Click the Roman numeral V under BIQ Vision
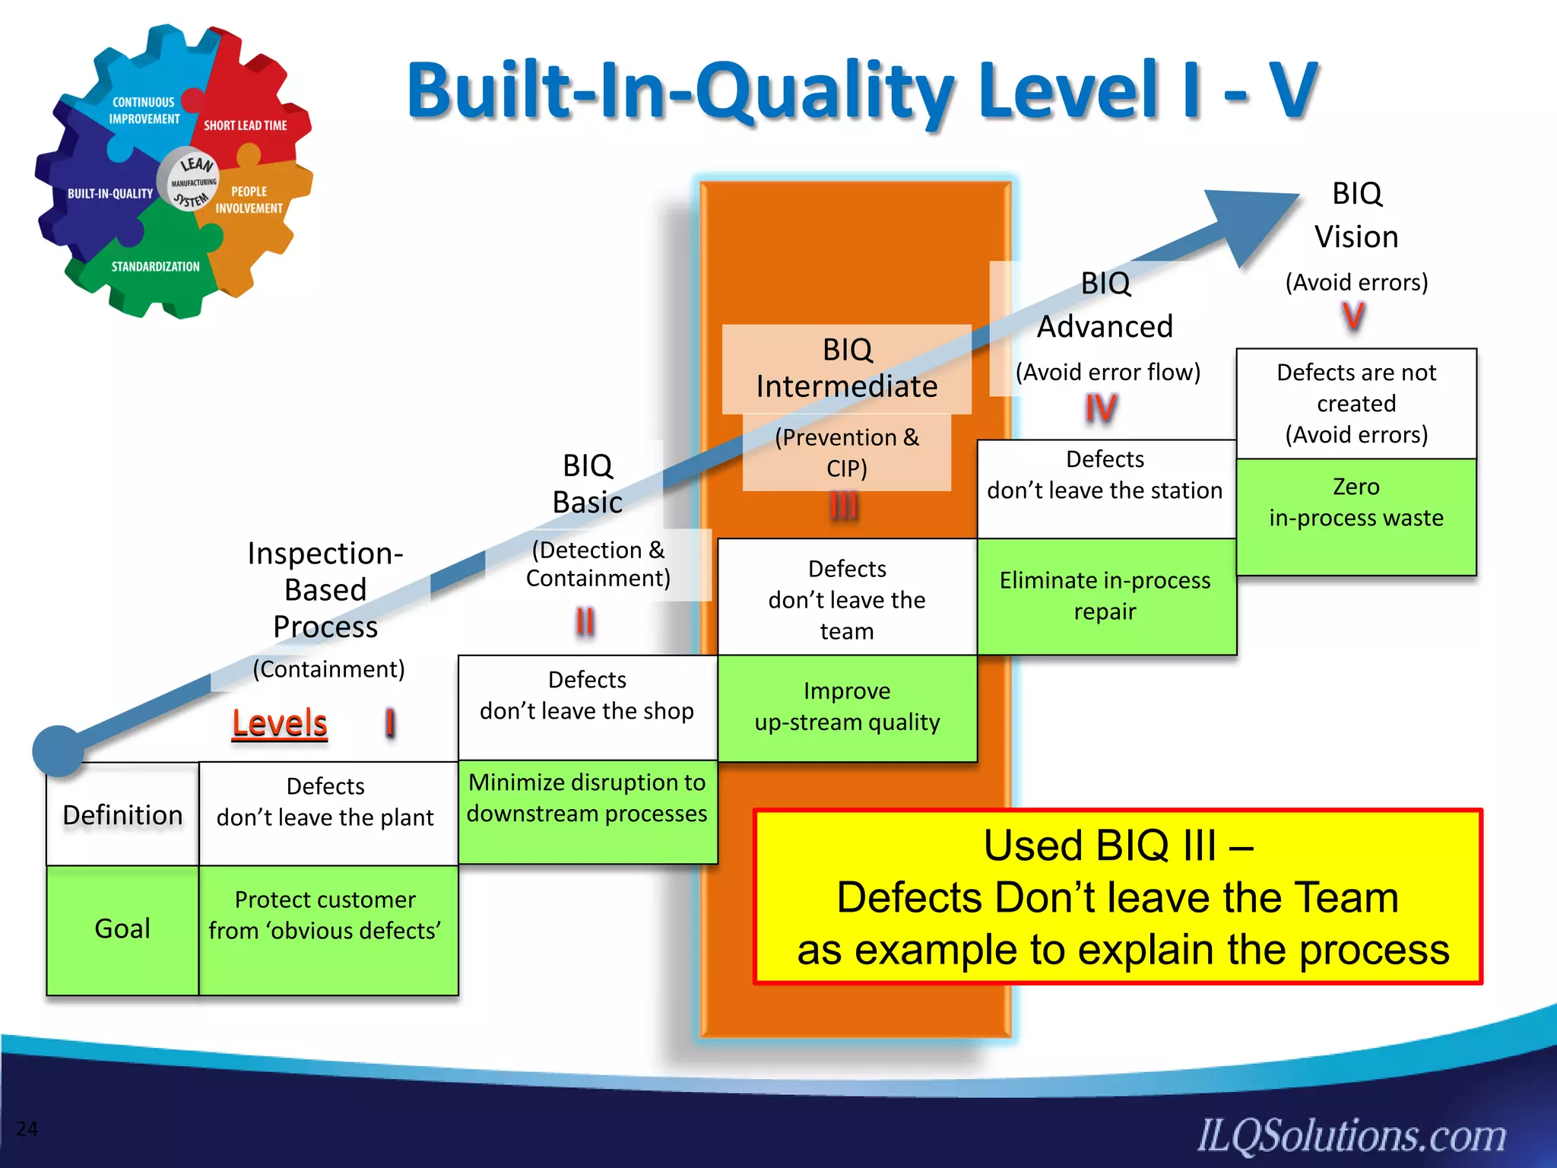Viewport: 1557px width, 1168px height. (x=1353, y=316)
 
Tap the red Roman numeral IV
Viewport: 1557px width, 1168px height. (x=1101, y=408)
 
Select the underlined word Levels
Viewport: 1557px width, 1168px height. (x=279, y=722)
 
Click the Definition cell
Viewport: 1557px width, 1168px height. (x=122, y=814)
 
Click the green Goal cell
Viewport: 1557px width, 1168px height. (x=122, y=928)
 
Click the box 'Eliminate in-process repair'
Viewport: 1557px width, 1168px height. (x=1105, y=596)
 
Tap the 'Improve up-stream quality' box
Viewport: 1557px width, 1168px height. (x=847, y=707)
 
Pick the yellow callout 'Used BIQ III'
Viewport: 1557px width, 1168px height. (x=1118, y=897)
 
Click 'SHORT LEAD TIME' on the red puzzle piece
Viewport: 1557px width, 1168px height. (x=245, y=125)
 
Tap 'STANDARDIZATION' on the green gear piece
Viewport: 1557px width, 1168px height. (x=155, y=267)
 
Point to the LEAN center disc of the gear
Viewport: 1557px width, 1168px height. (x=190, y=181)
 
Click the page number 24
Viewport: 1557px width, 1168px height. (x=27, y=1128)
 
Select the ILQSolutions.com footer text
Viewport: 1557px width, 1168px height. (x=1352, y=1135)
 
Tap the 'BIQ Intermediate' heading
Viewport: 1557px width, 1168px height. (x=846, y=368)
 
